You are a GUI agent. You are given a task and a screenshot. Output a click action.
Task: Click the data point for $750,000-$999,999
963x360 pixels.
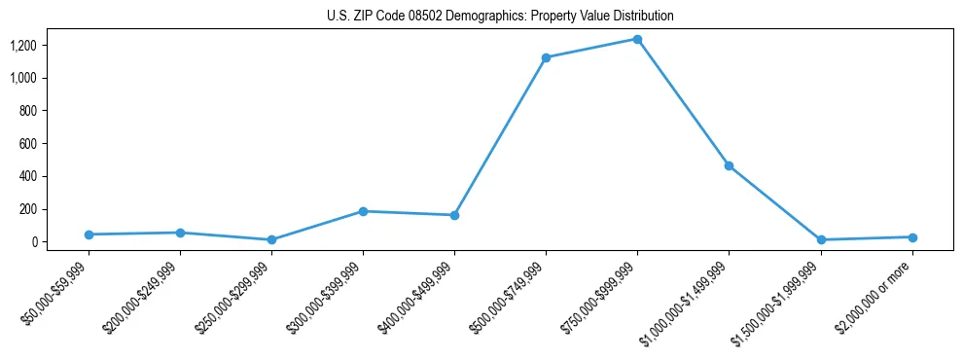point(637,39)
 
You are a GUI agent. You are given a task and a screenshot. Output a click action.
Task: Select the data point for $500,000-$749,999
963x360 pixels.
point(546,57)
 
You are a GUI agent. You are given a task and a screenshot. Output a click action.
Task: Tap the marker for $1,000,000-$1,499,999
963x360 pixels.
point(729,165)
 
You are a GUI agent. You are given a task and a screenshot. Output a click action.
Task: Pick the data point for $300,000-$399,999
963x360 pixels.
point(363,211)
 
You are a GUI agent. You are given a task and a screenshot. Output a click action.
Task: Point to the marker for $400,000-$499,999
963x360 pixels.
point(454,215)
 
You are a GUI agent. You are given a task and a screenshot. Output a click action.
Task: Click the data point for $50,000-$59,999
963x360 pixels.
point(89,234)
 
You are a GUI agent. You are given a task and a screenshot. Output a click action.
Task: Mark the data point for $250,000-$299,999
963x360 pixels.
point(271,239)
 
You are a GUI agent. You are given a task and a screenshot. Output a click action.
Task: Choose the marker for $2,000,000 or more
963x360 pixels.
point(912,237)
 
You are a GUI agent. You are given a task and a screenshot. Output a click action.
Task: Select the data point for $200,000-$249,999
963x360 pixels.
point(180,233)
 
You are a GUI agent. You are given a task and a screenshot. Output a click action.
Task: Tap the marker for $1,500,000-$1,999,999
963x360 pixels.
point(821,239)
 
